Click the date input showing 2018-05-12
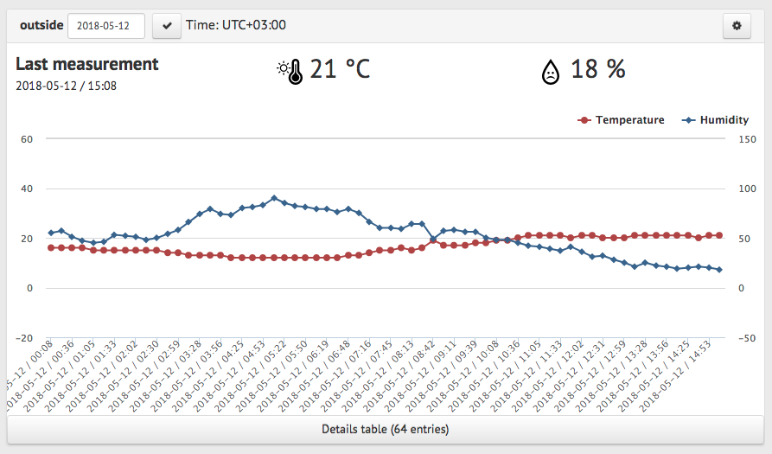coord(105,26)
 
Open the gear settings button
coord(737,26)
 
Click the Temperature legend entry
coord(621,120)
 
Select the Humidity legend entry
coord(716,120)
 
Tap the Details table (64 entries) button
coord(386,429)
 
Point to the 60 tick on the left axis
coord(27,139)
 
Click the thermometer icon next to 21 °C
coord(290,70)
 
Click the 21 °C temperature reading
coord(340,69)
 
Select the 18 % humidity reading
coord(597,69)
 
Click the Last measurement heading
coord(87,64)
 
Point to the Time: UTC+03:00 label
coord(236,25)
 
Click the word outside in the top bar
coord(41,25)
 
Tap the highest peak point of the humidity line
coord(274,198)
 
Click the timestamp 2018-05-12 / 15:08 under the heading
coord(67,86)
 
